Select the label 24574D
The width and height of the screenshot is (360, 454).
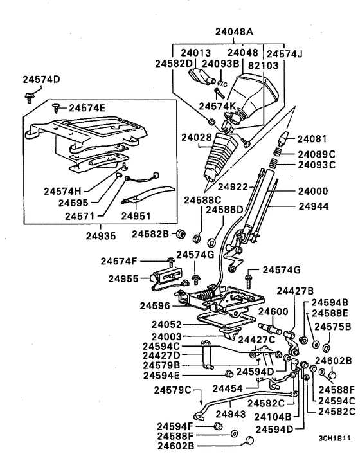[x=41, y=80]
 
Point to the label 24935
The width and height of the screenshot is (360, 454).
[x=102, y=235]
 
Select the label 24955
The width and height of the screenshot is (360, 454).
[x=123, y=279]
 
